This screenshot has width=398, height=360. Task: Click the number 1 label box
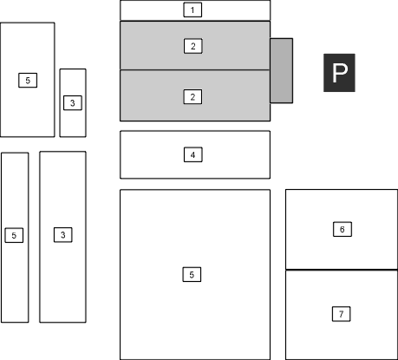click(x=192, y=10)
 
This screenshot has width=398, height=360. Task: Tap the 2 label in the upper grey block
click(x=193, y=46)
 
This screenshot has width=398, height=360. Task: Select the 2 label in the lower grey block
click(x=192, y=97)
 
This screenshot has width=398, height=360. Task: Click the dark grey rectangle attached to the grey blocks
click(x=282, y=70)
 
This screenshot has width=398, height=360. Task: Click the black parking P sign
click(x=339, y=73)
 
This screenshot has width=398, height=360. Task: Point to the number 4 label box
click(x=193, y=154)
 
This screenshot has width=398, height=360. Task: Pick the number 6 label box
click(x=343, y=229)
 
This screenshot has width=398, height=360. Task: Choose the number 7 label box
click(x=342, y=314)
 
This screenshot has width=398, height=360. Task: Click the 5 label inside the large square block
click(x=192, y=274)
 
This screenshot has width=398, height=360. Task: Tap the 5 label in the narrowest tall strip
click(x=14, y=235)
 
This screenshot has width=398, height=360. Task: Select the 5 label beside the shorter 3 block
click(x=28, y=80)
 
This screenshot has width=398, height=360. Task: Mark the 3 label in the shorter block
click(x=73, y=103)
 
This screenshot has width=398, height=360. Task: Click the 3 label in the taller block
click(x=63, y=235)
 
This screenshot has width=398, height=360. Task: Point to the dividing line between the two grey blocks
click(x=195, y=70)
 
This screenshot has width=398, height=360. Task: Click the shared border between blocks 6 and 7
click(x=342, y=270)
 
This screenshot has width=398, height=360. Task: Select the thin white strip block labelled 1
click(x=195, y=10)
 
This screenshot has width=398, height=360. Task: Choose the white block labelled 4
click(x=195, y=154)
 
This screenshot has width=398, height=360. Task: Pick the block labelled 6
click(x=342, y=229)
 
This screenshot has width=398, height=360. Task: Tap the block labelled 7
click(x=342, y=315)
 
